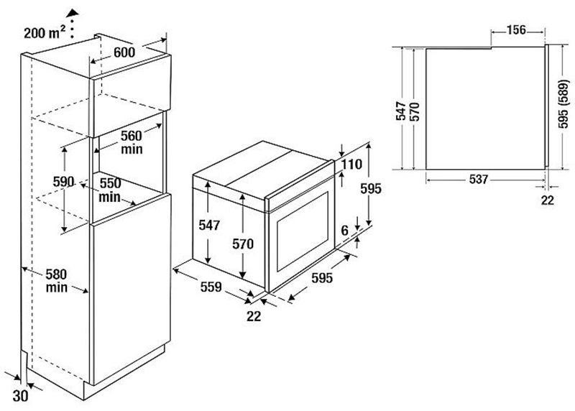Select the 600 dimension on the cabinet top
pos(124,53)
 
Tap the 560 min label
pos(132,142)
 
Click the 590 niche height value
pos(63,182)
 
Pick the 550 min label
pos(109,190)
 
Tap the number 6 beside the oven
pos(344,231)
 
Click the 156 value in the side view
pos(516,30)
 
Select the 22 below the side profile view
pos(548,200)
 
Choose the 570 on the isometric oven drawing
pos(244,244)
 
